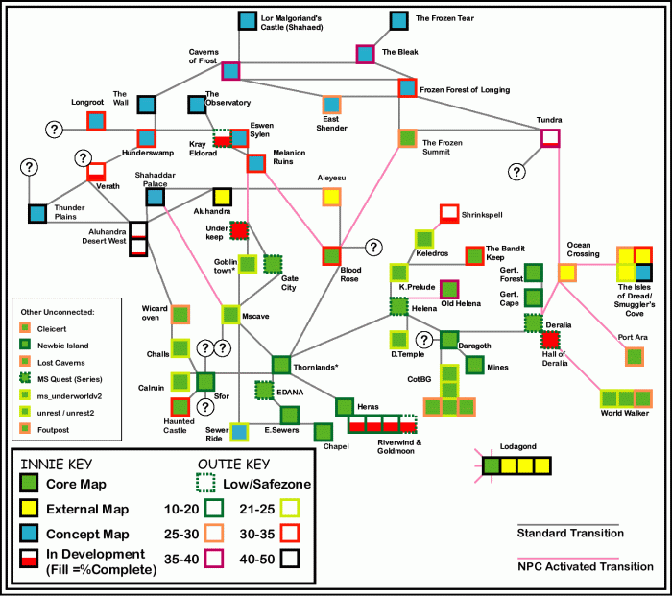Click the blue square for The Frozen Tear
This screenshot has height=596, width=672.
[x=399, y=20]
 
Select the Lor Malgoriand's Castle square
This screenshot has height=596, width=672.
[x=248, y=20]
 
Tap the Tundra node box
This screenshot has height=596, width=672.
[x=550, y=138]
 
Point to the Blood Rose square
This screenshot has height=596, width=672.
[x=331, y=256]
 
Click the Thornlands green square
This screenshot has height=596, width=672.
[x=281, y=365]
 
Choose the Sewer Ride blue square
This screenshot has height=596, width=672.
[x=239, y=432]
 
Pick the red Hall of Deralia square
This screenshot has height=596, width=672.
[x=550, y=340]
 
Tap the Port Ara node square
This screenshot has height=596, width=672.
[x=635, y=356]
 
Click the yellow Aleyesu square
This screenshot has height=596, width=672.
[x=331, y=197]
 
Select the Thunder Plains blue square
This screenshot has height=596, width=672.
[x=37, y=214]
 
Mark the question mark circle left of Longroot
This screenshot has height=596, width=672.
[x=54, y=129]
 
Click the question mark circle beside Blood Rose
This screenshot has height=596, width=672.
[x=373, y=248]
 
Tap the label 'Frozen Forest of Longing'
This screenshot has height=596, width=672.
[x=465, y=90]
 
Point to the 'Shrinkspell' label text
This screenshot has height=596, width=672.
[x=482, y=215]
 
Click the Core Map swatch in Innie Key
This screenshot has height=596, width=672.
[x=29, y=483]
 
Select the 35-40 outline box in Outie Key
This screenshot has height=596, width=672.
[x=214, y=559]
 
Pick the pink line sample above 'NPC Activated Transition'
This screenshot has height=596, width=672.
[x=568, y=559]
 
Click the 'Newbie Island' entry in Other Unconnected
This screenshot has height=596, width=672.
[x=63, y=346]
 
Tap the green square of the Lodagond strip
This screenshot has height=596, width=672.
[x=492, y=465]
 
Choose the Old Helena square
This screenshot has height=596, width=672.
[x=449, y=289]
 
